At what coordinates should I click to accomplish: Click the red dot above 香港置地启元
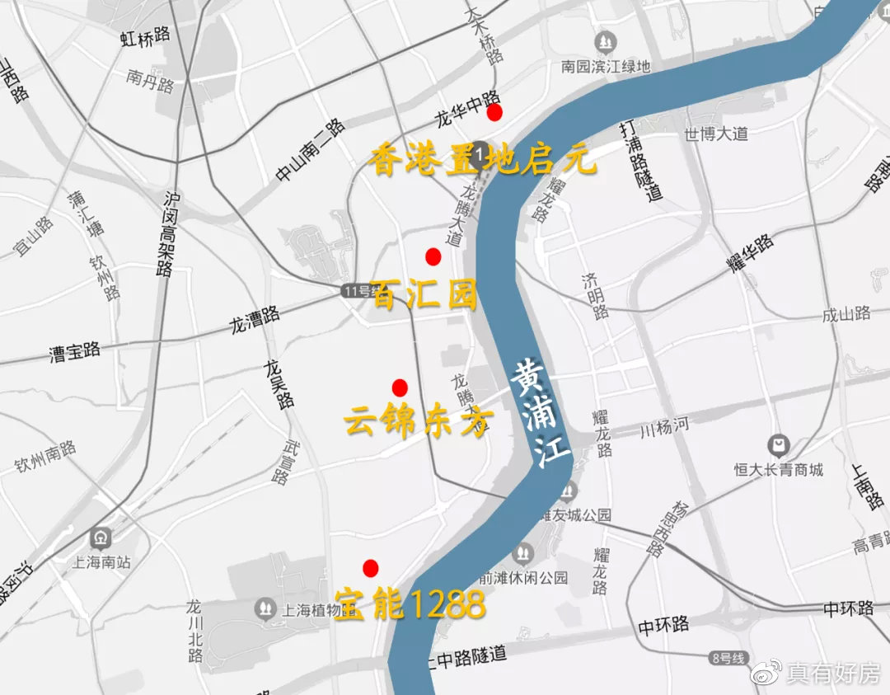coord(494,112)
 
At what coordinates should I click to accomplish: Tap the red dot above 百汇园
coord(433,256)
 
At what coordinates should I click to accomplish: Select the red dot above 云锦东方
coord(400,387)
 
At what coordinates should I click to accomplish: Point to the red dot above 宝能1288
coord(370,567)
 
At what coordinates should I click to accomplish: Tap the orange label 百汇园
coord(425,294)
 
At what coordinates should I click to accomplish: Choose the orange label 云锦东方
coord(418,421)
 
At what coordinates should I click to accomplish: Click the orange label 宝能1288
coord(410,606)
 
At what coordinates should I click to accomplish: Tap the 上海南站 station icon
coord(102,538)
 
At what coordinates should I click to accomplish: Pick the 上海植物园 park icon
coord(265,609)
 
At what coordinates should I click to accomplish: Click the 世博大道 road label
coord(715,134)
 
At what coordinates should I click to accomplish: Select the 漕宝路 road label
coord(74,352)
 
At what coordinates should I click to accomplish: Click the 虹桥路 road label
coord(144,35)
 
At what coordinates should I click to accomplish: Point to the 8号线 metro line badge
coord(727,658)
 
